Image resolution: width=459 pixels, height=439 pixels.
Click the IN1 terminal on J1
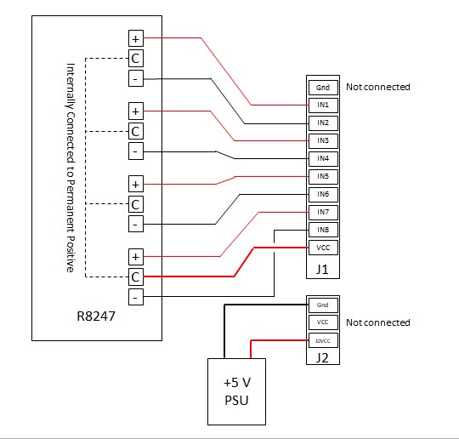tap(323, 105)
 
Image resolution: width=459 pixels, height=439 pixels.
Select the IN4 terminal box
tap(323, 159)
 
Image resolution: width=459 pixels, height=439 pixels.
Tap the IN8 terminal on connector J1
tap(323, 230)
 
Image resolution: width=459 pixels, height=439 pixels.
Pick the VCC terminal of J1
tap(323, 248)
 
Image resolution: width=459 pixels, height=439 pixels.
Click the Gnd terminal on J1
tap(323, 88)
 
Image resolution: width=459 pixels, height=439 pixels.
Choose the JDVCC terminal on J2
tap(323, 340)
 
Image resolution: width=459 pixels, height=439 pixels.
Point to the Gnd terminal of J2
tap(323, 305)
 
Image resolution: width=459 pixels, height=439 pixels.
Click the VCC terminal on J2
tap(323, 322)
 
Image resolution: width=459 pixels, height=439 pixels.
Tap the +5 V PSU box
tap(236, 391)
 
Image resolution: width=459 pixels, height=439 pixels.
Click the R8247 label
tap(96, 316)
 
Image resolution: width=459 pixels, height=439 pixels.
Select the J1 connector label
tap(322, 270)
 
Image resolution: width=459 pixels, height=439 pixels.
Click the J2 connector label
tap(322, 358)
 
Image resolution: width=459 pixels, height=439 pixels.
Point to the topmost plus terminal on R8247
tap(136, 38)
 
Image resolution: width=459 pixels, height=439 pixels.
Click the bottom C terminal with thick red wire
tap(136, 277)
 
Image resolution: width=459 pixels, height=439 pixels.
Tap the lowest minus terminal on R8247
tap(136, 297)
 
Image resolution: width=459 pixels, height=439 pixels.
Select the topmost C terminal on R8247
tap(136, 59)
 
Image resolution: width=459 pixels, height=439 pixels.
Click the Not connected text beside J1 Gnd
tap(378, 87)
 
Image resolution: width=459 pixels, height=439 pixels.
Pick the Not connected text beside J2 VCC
tap(378, 322)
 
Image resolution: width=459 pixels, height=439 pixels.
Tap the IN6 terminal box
tap(323, 194)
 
